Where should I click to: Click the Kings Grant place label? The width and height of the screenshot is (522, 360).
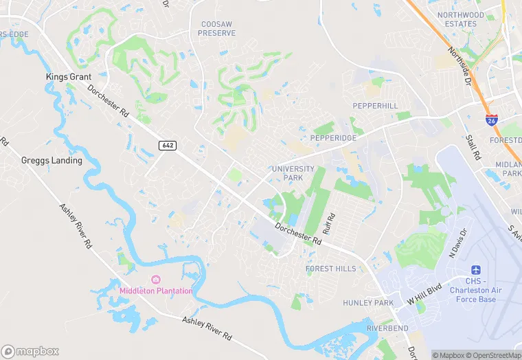[x=69, y=77]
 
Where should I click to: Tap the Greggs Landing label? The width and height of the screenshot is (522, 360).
[x=52, y=161]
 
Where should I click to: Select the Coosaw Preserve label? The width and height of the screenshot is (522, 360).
[x=217, y=28]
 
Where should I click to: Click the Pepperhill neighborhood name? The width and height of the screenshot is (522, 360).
[x=375, y=106]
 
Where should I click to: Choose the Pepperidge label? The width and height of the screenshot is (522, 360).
[x=333, y=138]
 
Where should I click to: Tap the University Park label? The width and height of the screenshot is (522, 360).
[x=293, y=173]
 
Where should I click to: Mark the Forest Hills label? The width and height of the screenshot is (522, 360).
[x=331, y=269]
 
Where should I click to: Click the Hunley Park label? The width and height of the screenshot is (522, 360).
[x=368, y=303]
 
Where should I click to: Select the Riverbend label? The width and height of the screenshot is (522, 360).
[x=387, y=328]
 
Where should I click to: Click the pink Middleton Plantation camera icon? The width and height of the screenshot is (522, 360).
[x=156, y=279]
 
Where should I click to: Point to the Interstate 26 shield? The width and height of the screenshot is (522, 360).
[x=492, y=120]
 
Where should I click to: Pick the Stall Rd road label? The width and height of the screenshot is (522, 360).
[x=473, y=148]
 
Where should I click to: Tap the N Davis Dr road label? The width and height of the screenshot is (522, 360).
[x=457, y=243]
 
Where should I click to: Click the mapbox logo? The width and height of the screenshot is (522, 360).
[x=31, y=351]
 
